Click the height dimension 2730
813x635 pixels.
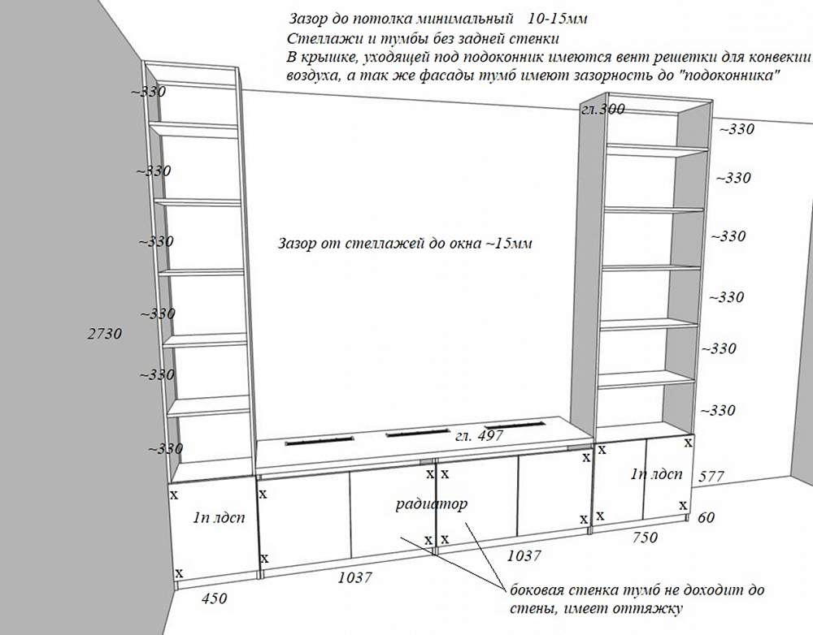[x=105, y=334]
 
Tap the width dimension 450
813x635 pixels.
[x=214, y=598]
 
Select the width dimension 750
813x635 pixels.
[x=645, y=538]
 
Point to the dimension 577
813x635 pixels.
[x=711, y=476]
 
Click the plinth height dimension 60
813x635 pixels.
[x=706, y=516]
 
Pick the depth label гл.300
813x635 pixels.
[x=603, y=110]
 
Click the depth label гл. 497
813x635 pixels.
[x=480, y=435]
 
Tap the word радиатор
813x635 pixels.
[x=432, y=503]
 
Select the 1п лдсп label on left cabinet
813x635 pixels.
[x=219, y=517]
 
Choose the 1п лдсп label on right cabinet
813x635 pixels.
[x=656, y=473]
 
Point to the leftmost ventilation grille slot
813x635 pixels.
[x=320, y=441]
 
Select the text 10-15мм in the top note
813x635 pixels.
[x=558, y=19]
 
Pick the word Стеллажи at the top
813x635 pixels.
[x=318, y=39]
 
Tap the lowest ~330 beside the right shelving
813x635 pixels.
[x=718, y=411]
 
